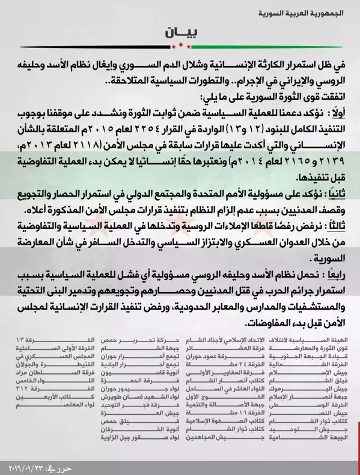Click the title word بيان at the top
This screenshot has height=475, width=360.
pos(180,31)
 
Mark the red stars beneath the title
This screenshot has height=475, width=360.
pos(180,46)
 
